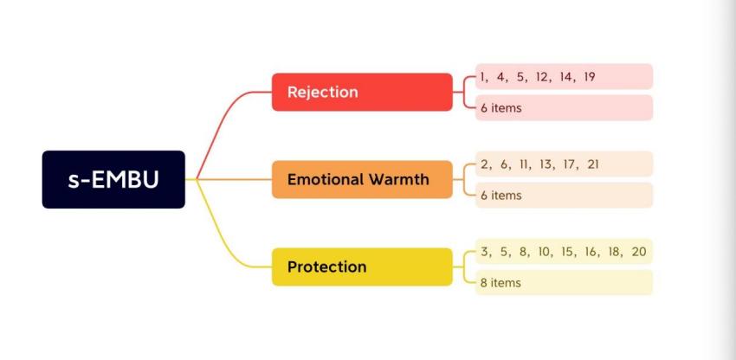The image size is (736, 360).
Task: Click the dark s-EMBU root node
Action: [113, 180]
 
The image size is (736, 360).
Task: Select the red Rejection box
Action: [362, 92]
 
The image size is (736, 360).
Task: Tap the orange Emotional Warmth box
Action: [362, 180]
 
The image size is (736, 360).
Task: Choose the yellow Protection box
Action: [362, 267]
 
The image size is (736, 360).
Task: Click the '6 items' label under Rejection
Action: [501, 108]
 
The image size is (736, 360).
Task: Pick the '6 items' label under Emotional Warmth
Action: [501, 196]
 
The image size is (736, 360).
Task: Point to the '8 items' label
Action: [501, 283]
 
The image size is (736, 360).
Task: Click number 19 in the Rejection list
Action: [589, 77]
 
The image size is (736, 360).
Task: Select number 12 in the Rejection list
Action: [542, 77]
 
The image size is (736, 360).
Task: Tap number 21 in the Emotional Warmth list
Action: [592, 164]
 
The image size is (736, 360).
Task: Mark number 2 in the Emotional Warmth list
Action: [484, 164]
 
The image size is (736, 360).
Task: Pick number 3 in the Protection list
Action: [484, 252]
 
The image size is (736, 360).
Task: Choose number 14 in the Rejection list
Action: [565, 77]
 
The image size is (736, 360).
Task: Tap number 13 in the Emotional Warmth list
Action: [545, 164]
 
